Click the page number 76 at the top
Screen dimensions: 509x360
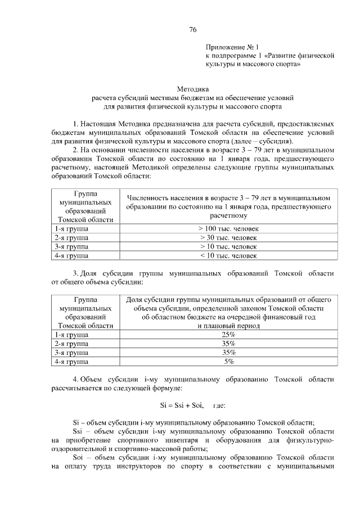193,29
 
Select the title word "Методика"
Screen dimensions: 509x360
193,89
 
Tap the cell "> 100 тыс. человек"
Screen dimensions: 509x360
228,229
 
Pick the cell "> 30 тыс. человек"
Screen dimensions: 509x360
228,238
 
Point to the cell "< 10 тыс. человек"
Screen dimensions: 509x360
228,256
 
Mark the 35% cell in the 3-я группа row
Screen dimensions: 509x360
228,353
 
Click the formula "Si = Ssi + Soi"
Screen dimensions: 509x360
179,406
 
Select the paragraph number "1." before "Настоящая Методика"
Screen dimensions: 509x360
76,123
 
